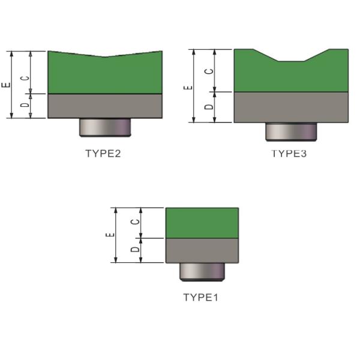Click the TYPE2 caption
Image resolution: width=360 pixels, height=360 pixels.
click(x=103, y=154)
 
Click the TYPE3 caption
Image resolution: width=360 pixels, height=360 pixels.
click(x=289, y=154)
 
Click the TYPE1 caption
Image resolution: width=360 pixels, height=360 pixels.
click(x=200, y=298)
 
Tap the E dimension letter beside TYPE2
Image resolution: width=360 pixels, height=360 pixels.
click(x=6, y=85)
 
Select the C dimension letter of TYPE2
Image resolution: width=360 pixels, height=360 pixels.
click(x=25, y=78)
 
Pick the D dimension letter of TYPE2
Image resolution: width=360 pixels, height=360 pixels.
click(x=25, y=104)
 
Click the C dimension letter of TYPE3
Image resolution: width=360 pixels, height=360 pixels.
click(x=209, y=71)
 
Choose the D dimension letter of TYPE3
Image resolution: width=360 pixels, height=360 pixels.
click(x=209, y=107)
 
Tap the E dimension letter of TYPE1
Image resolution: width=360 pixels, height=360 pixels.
click(x=110, y=235)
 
